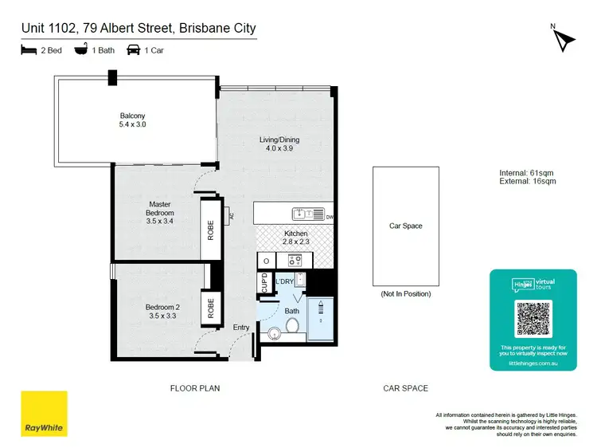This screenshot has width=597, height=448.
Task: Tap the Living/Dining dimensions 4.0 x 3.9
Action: click(279, 149)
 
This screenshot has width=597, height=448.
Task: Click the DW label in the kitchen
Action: click(329, 215)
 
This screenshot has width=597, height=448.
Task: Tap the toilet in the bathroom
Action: click(291, 324)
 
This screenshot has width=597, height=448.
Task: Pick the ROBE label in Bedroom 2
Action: click(211, 308)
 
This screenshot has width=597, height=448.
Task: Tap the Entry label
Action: click(240, 327)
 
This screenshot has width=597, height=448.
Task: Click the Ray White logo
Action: click(44, 413)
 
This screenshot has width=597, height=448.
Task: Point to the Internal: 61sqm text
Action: click(525, 173)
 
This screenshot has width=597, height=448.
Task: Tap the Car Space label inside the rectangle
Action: click(405, 226)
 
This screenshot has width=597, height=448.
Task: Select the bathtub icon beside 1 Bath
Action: click(81, 49)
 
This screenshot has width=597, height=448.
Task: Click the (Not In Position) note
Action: click(405, 293)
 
